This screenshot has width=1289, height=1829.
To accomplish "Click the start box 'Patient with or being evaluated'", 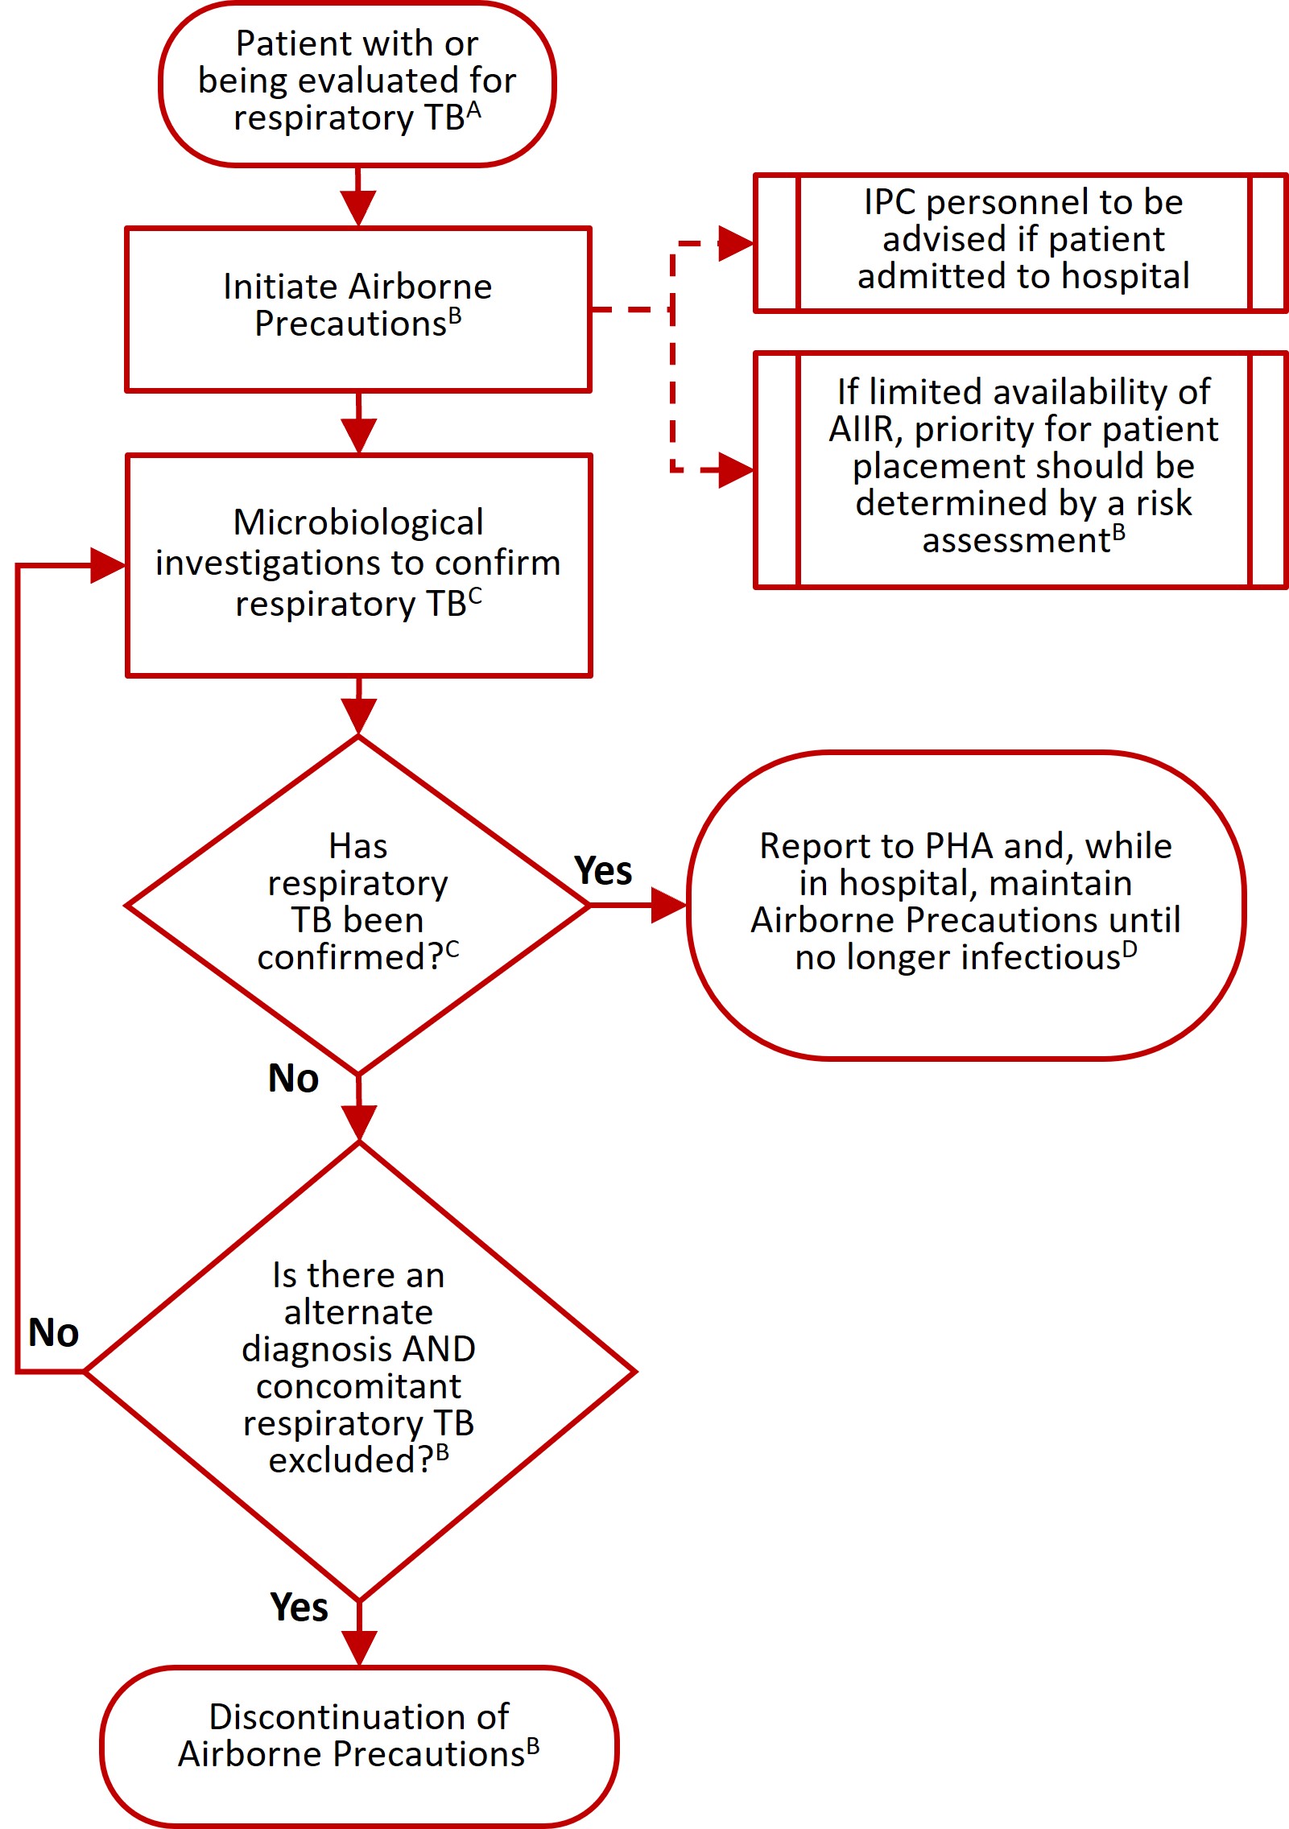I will (x=357, y=83).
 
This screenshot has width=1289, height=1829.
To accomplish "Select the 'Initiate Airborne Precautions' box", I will (x=358, y=308).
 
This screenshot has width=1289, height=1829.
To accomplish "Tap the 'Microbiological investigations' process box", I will (x=358, y=564).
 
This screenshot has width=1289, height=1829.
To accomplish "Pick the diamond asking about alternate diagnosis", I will (x=359, y=1369).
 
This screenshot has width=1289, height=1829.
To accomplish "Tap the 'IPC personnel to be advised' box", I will (x=1023, y=241).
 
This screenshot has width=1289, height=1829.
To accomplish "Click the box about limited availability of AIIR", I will (x=1023, y=468).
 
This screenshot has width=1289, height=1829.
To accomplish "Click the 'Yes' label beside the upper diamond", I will (x=603, y=871).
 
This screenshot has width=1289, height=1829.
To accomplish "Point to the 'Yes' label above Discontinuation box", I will (x=299, y=1608).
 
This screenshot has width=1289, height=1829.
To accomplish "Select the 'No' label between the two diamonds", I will (x=293, y=1079).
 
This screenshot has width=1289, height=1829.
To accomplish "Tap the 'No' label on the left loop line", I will (x=53, y=1332).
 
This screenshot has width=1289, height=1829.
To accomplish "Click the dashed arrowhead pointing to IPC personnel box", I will (x=734, y=242).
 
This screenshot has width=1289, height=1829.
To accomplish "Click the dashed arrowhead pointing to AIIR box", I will (x=734, y=469).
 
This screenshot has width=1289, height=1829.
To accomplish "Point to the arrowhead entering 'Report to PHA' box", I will (x=667, y=905).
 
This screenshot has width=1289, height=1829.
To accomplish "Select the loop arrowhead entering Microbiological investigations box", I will (x=107, y=565).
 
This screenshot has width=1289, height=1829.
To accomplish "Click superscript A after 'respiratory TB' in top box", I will (x=473, y=110).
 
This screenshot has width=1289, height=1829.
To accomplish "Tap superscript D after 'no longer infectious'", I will (x=1130, y=950).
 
